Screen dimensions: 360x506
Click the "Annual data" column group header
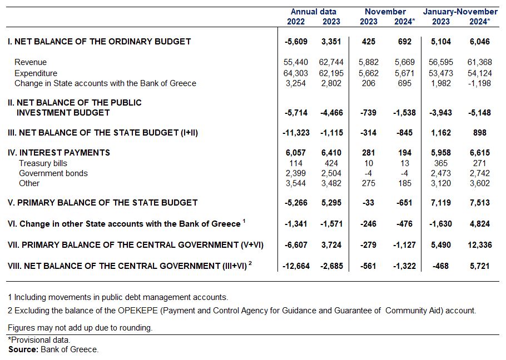coord(313,12)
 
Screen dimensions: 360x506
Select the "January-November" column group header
coord(460,12)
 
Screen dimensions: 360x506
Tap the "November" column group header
coord(385,12)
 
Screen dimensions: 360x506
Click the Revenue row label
coord(31,62)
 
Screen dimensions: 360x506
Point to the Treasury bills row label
coord(43,163)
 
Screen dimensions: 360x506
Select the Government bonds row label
coord(53,173)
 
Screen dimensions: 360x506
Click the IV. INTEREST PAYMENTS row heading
coord(59,153)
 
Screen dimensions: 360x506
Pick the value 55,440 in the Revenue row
coord(295,62)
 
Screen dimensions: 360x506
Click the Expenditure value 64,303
coord(295,73)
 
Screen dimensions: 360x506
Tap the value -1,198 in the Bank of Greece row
coord(477,83)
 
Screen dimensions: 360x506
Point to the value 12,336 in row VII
coord(477,245)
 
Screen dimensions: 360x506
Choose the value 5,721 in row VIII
coord(479,266)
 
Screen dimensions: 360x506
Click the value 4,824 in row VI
coord(479,224)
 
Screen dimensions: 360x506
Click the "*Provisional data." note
coord(39,340)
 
